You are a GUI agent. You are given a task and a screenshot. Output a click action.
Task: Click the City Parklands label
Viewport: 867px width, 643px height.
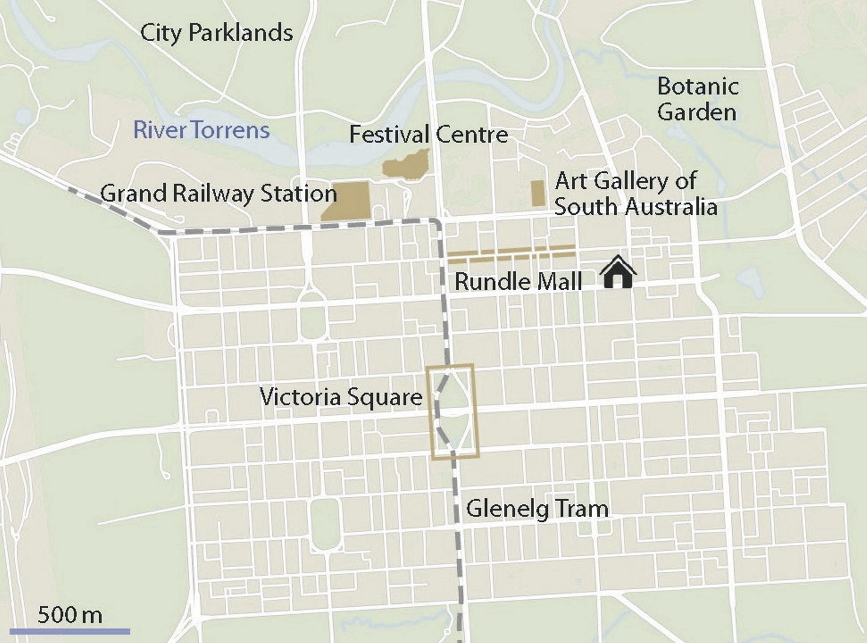click(x=216, y=33)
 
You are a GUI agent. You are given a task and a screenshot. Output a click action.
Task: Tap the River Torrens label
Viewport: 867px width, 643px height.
click(x=201, y=130)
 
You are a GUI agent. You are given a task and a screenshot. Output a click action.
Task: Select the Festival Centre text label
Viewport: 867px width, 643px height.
click(x=428, y=135)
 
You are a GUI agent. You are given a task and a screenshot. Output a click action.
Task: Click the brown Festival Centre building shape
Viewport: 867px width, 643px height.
click(x=405, y=166)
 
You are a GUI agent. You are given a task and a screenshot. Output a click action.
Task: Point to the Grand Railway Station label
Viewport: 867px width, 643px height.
click(x=218, y=194)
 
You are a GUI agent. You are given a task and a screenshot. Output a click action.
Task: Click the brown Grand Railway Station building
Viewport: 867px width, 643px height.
click(x=348, y=202)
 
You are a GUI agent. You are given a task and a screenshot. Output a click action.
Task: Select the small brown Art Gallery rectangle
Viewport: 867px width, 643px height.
click(x=537, y=193)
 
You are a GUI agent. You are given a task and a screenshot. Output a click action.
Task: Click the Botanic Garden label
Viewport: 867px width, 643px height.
click(x=697, y=99)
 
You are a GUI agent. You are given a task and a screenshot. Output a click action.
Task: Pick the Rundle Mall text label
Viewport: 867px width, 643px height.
click(x=518, y=282)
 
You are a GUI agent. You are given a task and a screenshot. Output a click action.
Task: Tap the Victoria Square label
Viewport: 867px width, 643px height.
click(x=341, y=397)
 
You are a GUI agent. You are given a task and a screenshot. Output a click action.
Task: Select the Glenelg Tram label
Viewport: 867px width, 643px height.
click(x=537, y=508)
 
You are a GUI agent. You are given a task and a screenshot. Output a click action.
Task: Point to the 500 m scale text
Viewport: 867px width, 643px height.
click(x=70, y=615)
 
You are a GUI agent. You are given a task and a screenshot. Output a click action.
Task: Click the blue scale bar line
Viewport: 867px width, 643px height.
click(x=70, y=631)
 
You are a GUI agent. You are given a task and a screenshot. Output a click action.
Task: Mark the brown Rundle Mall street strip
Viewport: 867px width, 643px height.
click(x=511, y=254)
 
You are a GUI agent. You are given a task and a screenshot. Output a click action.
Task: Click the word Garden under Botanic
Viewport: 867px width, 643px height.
click(x=696, y=112)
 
